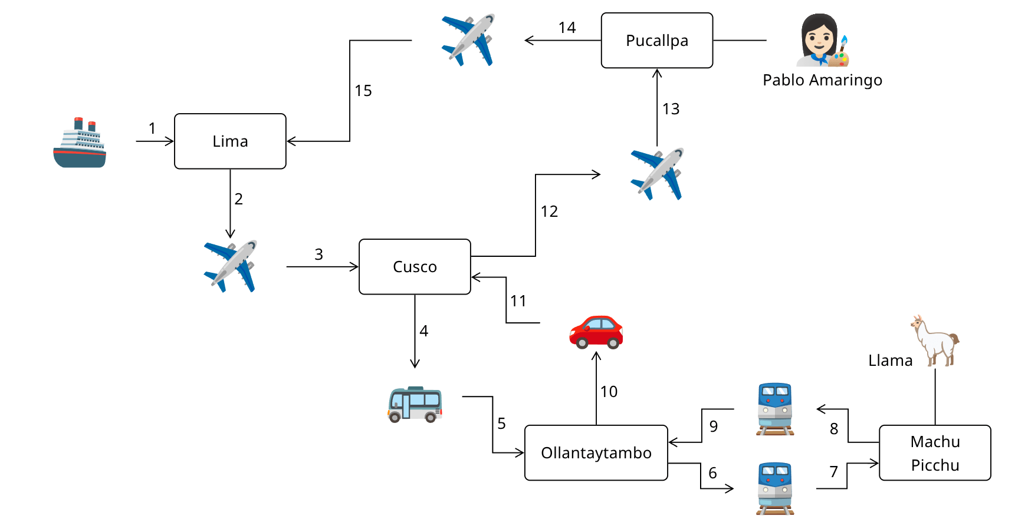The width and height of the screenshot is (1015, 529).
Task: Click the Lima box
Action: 230,141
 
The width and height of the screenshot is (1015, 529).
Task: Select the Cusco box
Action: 415,267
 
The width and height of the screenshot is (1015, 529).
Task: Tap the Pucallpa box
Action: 656,41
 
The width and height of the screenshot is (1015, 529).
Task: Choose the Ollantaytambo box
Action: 596,453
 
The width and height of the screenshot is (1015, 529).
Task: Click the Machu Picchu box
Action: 934,453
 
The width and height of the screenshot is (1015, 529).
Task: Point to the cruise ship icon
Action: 80,143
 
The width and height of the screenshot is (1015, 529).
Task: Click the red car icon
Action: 596,332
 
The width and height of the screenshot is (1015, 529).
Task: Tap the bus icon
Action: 415,405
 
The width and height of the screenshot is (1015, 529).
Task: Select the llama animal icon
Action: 936,340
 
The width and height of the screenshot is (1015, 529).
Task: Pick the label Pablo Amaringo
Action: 822,80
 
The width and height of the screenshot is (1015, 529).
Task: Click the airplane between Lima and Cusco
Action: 231,266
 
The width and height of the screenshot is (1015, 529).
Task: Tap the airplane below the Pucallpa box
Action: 657,174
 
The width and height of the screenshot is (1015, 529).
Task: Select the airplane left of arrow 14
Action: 468,40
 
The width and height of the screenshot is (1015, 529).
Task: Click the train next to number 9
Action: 775,409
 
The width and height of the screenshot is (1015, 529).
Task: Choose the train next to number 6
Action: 775,488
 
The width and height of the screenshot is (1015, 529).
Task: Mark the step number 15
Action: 363,91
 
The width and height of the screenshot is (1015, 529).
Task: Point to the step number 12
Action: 549,211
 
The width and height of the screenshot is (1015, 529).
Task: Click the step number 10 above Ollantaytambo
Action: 609,392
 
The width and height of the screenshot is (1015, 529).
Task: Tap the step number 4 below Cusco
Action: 423,331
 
